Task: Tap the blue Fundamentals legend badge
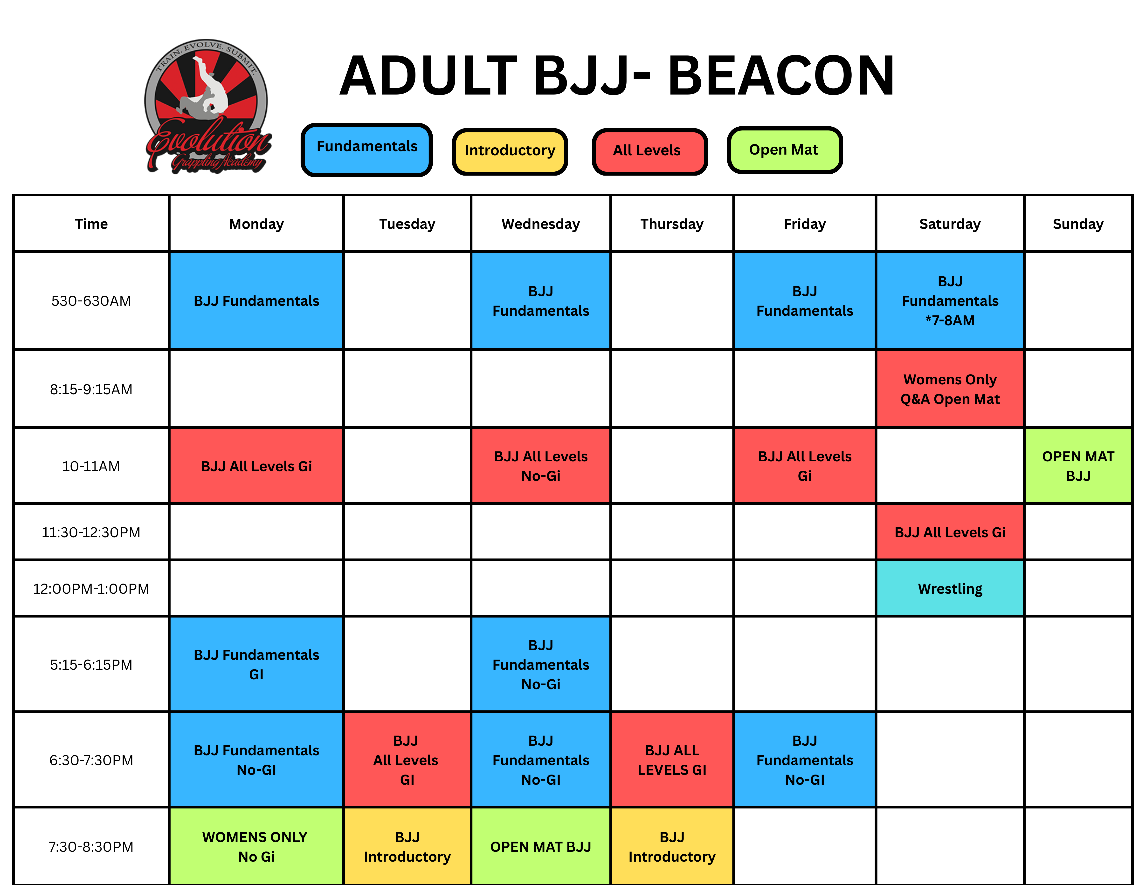point(367,150)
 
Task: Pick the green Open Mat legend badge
point(784,150)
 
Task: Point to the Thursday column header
point(672,224)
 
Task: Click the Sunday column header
point(1078,224)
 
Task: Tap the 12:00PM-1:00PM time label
point(91,589)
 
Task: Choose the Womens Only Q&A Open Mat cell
point(950,389)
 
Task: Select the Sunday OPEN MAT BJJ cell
point(1078,466)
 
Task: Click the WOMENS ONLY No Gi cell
point(256,846)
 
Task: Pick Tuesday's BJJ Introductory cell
point(407,846)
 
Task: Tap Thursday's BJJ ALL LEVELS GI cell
point(672,760)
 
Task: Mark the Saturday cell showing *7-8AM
point(950,301)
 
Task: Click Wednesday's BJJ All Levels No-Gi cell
point(540,466)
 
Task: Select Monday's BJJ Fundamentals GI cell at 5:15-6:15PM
point(256,664)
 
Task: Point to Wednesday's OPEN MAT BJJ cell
point(540,846)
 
